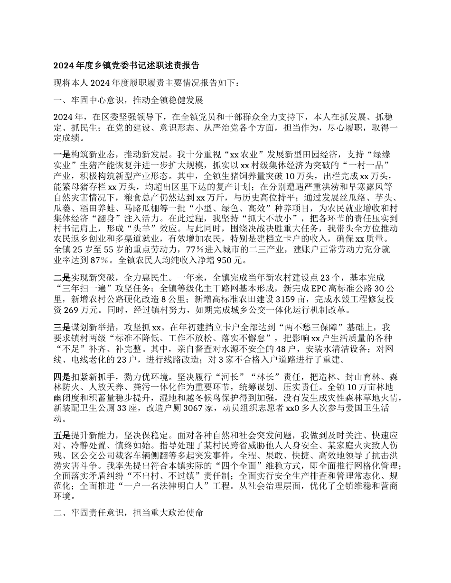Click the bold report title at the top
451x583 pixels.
point(126,66)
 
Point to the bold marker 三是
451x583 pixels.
point(62,328)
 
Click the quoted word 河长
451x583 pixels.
point(247,377)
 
